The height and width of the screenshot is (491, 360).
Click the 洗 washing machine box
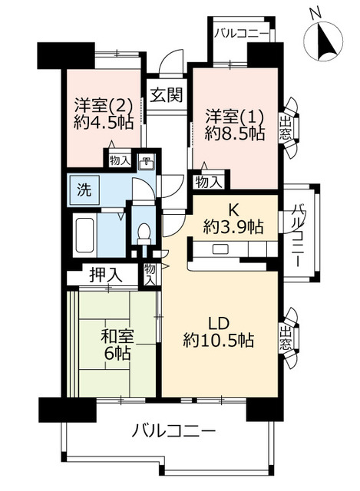84,190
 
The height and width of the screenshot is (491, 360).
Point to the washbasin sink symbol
147,163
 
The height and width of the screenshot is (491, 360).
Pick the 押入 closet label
105,275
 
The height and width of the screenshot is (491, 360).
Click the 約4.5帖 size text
104,122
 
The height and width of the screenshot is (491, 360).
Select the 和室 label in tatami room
117,336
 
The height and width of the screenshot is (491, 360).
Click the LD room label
220,324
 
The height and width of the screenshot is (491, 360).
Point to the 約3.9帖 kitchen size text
233,226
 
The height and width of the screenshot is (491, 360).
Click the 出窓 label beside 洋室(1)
285,128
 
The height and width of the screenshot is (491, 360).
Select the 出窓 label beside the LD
285,338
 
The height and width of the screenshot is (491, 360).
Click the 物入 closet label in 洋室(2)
120,161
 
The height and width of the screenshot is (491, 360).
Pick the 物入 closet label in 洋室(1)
208,182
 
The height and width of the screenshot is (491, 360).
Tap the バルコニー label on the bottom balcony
173,432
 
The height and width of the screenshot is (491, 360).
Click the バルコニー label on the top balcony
242,34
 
